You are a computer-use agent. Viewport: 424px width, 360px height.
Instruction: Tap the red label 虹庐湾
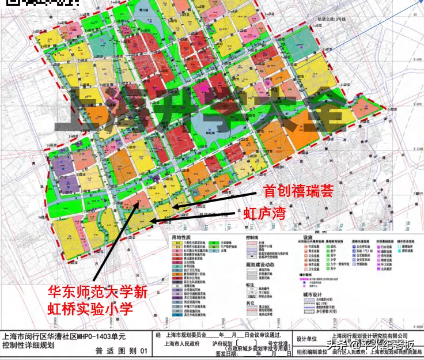(264, 214)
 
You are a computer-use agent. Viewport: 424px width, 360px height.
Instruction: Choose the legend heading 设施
(307, 236)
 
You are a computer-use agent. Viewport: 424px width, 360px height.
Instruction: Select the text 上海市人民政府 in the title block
(181, 345)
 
